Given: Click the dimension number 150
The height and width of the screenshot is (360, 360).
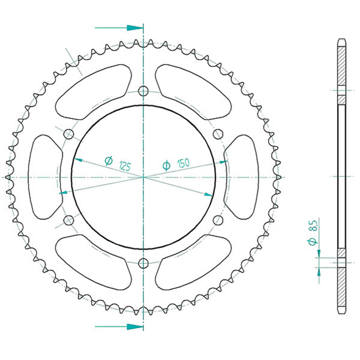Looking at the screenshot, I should point(184,163).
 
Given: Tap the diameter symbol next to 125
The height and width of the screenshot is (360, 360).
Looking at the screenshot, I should point(109,160).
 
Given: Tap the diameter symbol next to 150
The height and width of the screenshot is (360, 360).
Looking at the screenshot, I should point(167,164).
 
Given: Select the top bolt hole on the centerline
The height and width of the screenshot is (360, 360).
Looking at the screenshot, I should point(143,91).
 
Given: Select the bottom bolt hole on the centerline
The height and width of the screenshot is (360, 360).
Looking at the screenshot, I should point(143,263).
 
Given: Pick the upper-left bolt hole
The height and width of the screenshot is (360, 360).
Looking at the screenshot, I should point(68,134).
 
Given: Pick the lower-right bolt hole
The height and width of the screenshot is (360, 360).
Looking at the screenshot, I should point(218,220).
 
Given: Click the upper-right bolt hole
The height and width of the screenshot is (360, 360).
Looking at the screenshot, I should point(218,134).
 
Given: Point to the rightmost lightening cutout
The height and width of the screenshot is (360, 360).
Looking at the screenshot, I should point(243,177).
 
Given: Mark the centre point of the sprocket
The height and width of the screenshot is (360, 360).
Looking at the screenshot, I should point(143,177).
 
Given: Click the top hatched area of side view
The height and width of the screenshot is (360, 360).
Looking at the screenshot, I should point(341,66).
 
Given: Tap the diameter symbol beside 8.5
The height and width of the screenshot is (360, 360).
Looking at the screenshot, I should point(313,241).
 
